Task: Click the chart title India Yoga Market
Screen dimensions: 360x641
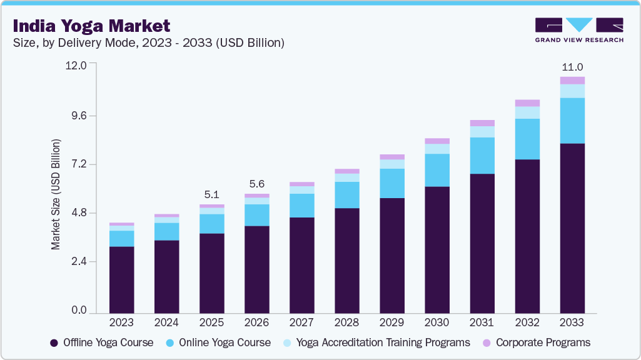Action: [91, 26]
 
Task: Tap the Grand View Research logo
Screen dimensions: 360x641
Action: [578, 30]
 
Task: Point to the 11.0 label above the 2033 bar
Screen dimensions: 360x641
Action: [572, 67]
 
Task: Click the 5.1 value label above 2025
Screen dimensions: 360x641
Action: [211, 194]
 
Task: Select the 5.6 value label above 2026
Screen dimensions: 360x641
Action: [256, 184]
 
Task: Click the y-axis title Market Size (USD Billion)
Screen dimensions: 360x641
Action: [56, 194]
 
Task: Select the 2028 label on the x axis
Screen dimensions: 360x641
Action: [346, 322]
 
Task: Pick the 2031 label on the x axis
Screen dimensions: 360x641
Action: [482, 322]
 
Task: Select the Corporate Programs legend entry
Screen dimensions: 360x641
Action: [536, 342]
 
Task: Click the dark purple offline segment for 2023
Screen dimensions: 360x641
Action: [121, 279]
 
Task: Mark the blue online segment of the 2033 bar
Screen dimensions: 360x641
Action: [572, 121]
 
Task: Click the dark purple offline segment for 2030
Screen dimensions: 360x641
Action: [437, 249]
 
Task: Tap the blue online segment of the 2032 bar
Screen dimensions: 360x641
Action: [527, 139]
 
